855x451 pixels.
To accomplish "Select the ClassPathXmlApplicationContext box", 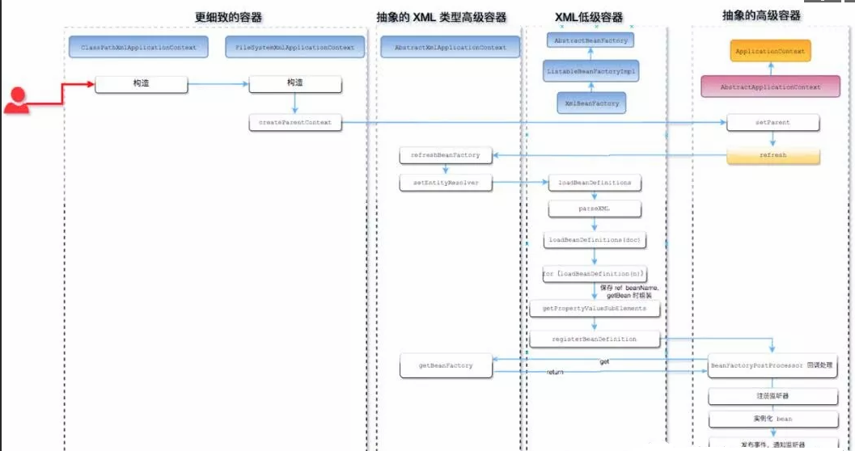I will click(x=138, y=48).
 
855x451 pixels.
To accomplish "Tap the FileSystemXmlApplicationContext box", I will click(x=294, y=48).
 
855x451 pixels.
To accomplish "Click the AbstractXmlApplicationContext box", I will click(x=451, y=48).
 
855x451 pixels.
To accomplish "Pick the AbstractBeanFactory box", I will click(x=590, y=40).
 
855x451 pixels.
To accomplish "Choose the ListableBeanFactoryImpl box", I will click(x=590, y=72).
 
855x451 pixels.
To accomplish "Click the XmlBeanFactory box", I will click(x=591, y=103).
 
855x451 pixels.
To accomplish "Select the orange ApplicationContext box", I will click(x=769, y=52).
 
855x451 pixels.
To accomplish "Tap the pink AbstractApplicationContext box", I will click(x=769, y=86).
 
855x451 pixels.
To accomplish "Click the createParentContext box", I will click(x=295, y=123).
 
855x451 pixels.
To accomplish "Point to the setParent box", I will click(x=773, y=123).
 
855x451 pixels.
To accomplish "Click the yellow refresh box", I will click(x=773, y=154).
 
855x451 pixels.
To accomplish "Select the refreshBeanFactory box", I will click(x=446, y=154).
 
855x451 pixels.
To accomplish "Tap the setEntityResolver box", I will click(x=446, y=183).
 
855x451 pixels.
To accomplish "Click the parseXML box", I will click(x=595, y=209).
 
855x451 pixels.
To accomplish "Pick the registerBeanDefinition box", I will click(x=595, y=339).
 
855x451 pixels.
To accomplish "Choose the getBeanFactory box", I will click(x=446, y=366).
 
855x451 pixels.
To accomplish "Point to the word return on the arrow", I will click(x=555, y=373).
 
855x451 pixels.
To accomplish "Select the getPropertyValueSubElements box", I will click(x=595, y=308).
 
